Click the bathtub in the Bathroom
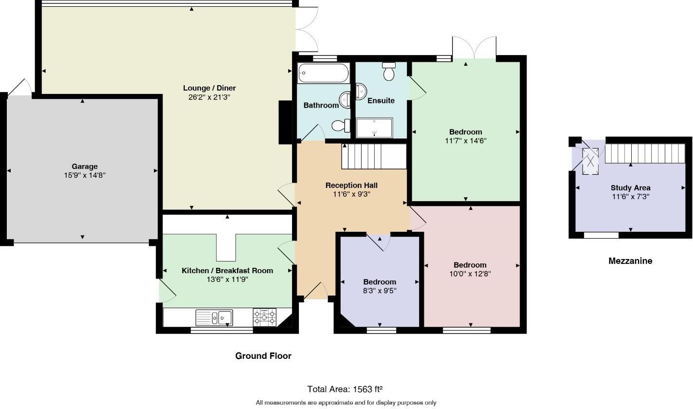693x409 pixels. tap(323, 73)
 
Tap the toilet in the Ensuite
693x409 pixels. tap(389, 72)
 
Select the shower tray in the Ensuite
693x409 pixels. tap(374, 128)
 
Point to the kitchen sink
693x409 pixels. tap(215, 317)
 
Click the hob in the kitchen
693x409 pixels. tap(264, 317)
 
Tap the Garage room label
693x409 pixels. tap(85, 167)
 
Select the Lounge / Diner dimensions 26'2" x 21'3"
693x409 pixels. tap(209, 97)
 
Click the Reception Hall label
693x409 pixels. tap(351, 186)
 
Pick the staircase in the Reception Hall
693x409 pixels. tap(374, 156)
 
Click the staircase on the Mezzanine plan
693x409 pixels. tap(644, 153)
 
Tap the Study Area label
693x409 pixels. tap(630, 188)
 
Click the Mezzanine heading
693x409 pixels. tap(630, 261)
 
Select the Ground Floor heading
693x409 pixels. tap(263, 356)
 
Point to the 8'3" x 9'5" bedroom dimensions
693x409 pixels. tap(380, 291)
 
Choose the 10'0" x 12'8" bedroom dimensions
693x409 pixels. tap(470, 274)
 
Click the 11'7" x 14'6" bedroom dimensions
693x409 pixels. tap(466, 141)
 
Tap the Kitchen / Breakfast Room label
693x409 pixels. tap(227, 271)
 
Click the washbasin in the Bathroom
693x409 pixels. tap(346, 99)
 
